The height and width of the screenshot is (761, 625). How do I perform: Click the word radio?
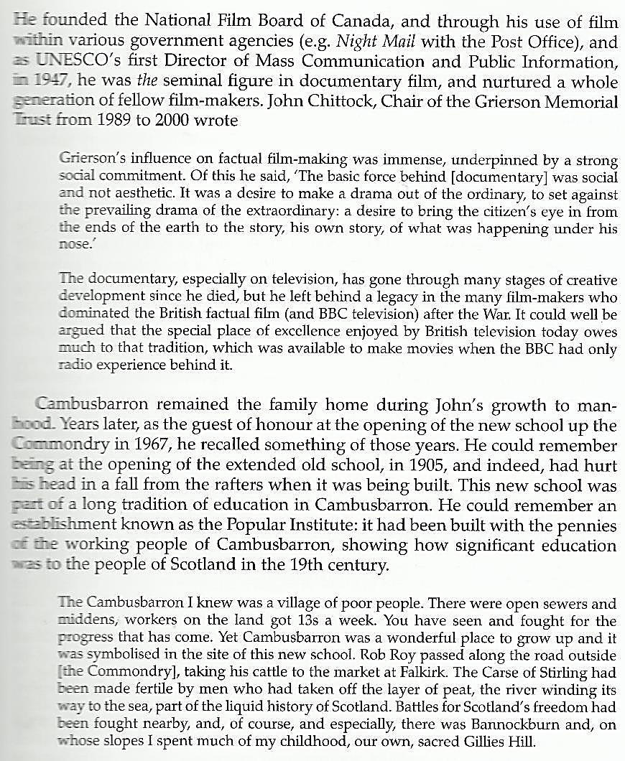click(x=72, y=365)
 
